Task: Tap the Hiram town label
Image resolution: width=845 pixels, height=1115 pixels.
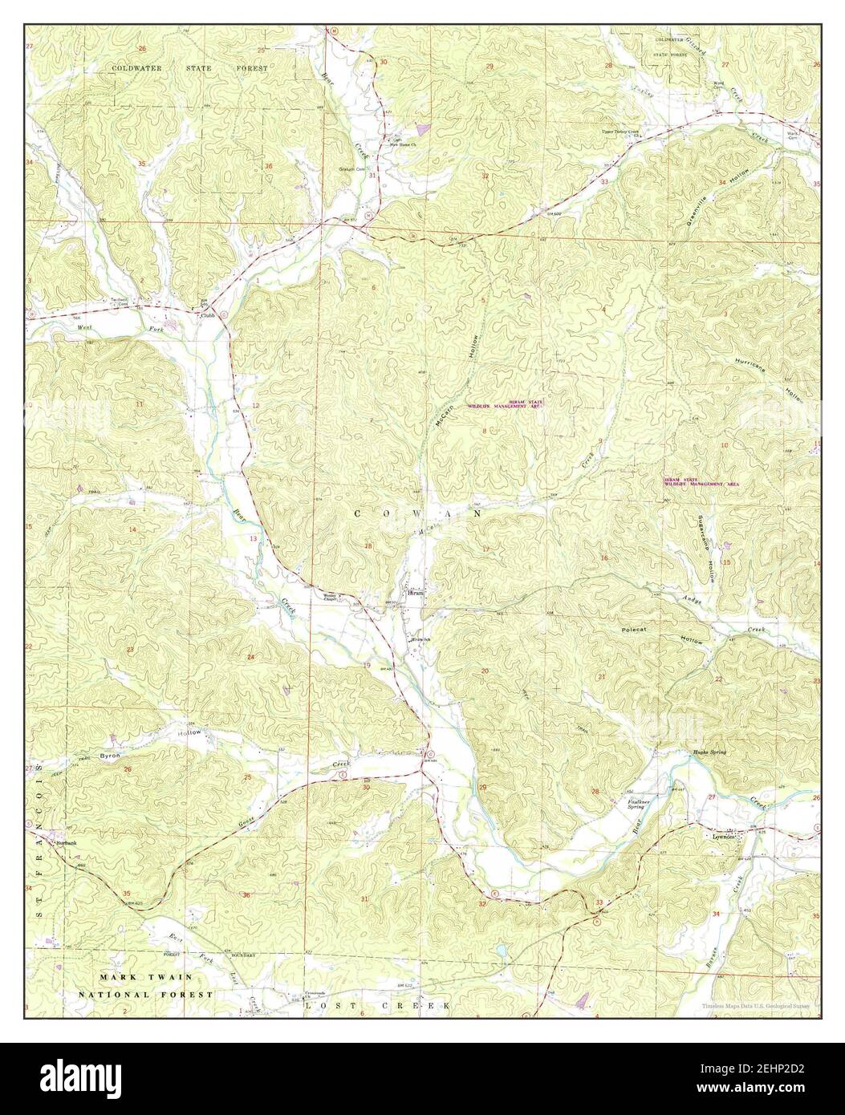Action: tap(415, 594)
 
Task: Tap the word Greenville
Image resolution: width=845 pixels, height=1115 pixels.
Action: tap(700, 211)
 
